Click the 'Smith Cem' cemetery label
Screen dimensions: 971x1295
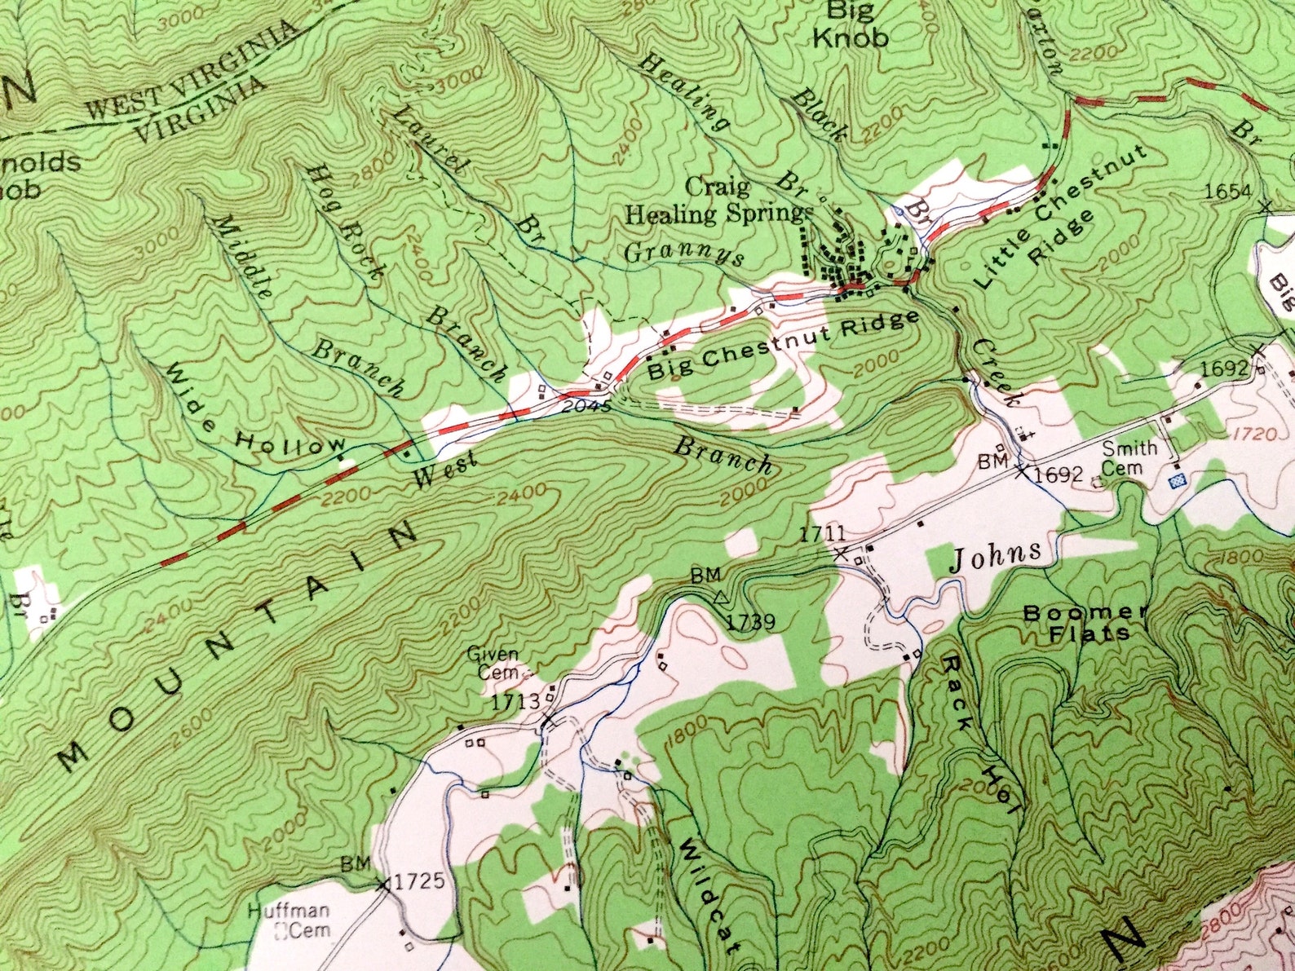(1129, 457)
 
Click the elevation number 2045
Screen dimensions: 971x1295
(586, 405)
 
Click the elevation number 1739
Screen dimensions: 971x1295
(749, 623)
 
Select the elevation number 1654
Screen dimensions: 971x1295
(1227, 191)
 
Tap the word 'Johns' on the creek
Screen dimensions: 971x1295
(996, 557)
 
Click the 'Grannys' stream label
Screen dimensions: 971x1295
(684, 254)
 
